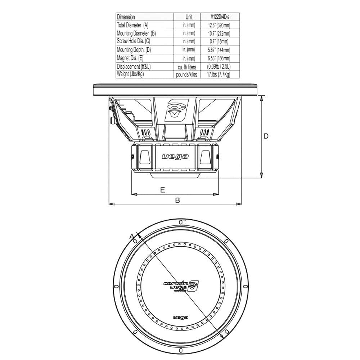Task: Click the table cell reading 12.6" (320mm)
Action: [x=219, y=25]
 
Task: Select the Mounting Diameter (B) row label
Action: [x=136, y=33]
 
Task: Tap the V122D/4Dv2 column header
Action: [x=220, y=17]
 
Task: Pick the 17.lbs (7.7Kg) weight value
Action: [x=219, y=75]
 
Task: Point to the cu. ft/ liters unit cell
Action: [x=187, y=67]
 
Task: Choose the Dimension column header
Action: [x=126, y=17]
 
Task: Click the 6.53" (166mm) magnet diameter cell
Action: [x=219, y=58]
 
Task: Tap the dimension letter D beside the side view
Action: [x=266, y=136]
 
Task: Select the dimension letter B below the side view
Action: [x=177, y=200]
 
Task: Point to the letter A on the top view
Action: [x=131, y=236]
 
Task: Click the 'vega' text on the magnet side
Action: [x=175, y=157]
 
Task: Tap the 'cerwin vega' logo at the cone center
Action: [x=181, y=286]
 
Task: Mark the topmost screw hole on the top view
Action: [x=181, y=222]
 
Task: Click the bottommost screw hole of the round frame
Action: [x=181, y=350]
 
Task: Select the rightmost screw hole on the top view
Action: [x=245, y=286]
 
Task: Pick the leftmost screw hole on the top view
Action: [x=116, y=286]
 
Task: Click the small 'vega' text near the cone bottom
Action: [x=180, y=318]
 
